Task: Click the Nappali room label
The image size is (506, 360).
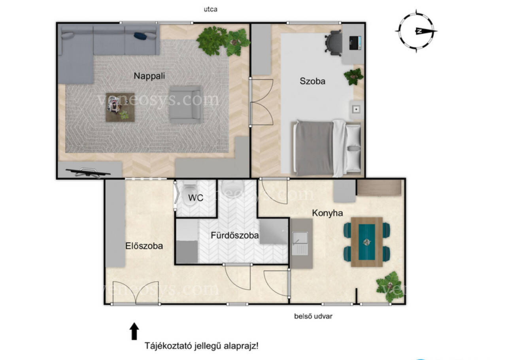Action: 149,76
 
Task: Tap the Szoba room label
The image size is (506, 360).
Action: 312,81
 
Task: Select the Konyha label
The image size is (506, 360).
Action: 327,213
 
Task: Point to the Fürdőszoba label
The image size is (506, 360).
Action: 235,236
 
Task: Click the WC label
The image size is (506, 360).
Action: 196,198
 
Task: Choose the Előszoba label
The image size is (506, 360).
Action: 144,246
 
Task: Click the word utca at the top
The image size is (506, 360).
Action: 211,9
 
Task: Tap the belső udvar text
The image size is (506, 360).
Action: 313,316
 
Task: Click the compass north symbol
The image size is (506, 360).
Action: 416,31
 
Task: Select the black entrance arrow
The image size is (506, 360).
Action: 134,331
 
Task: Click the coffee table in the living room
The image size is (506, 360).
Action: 120,107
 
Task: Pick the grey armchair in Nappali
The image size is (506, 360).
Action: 185,104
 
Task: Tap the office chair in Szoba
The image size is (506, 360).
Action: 333,43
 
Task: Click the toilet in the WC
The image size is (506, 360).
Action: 189,192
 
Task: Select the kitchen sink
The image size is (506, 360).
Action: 300,243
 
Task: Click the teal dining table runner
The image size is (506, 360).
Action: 366,242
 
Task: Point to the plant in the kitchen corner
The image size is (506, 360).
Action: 389,286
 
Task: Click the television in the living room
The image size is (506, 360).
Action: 88,172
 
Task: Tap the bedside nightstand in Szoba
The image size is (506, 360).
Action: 356,109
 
